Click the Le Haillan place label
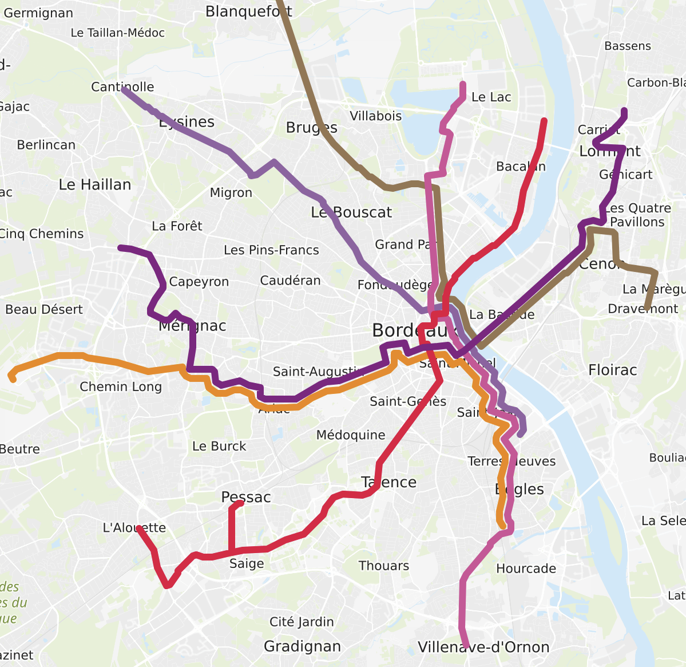tap(95, 185)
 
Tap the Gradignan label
tap(302, 646)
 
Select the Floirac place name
tap(612, 370)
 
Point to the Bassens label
tap(628, 46)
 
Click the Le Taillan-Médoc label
tap(117, 33)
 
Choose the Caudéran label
tap(290, 281)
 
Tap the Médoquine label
tap(351, 435)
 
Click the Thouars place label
tap(383, 566)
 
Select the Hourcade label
tap(526, 569)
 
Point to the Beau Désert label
tap(44, 310)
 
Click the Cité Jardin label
tap(302, 622)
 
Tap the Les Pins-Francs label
tap(271, 250)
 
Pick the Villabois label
tap(375, 116)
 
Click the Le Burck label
tap(219, 447)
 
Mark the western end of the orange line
tap(12, 377)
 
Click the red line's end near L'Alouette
tap(139, 528)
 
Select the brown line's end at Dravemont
tap(647, 309)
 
